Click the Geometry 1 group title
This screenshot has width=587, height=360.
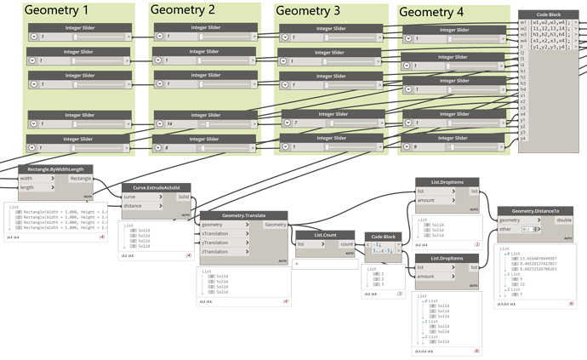[x=58, y=10]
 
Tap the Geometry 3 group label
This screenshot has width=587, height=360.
[x=308, y=10]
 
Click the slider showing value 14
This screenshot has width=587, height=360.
[x=204, y=124]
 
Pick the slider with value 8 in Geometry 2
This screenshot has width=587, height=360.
[x=204, y=148]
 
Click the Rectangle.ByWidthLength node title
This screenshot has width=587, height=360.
[x=55, y=169]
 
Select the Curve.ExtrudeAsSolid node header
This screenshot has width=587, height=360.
[x=157, y=187]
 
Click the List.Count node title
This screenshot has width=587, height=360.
[x=324, y=233]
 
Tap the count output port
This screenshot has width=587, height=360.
[x=347, y=243]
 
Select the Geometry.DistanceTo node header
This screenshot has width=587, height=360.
[x=534, y=210]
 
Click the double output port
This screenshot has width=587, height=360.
[x=564, y=220]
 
